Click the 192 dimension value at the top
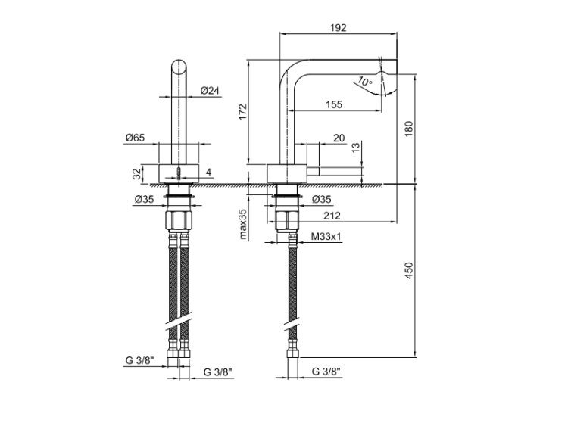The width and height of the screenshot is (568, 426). pyautogui.click(x=338, y=27)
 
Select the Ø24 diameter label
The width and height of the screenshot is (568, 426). pyautogui.click(x=211, y=91)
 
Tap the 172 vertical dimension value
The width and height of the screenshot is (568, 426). pyautogui.click(x=242, y=112)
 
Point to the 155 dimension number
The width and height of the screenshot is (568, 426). pyautogui.click(x=332, y=104)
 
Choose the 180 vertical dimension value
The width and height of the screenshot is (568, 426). pyautogui.click(x=409, y=128)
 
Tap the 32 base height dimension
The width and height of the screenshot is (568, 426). pyautogui.click(x=137, y=173)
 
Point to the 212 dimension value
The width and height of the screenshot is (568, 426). pyautogui.click(x=331, y=214)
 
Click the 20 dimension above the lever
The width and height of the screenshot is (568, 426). pyautogui.click(x=339, y=138)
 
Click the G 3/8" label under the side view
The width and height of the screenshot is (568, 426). pyautogui.click(x=326, y=372)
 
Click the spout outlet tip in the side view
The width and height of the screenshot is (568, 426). pyautogui.click(x=388, y=84)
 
